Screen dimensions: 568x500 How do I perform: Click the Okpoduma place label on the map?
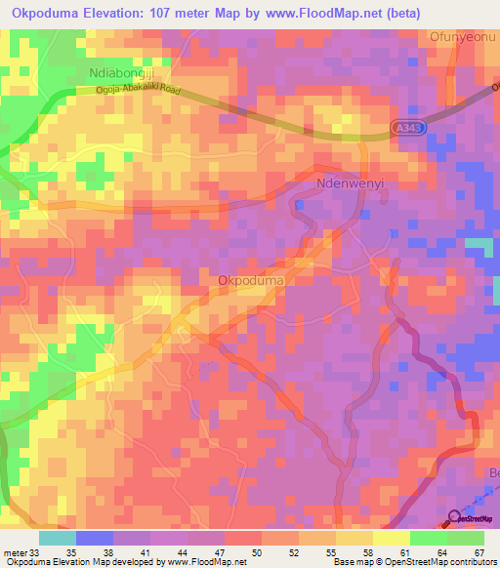point(251,281)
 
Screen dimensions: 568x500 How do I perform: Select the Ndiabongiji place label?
point(122,73)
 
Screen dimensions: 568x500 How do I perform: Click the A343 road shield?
point(410,128)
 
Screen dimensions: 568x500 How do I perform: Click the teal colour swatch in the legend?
point(58,537)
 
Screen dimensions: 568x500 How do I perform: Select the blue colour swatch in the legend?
point(95,537)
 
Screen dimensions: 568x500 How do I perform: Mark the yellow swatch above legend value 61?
point(392,537)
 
